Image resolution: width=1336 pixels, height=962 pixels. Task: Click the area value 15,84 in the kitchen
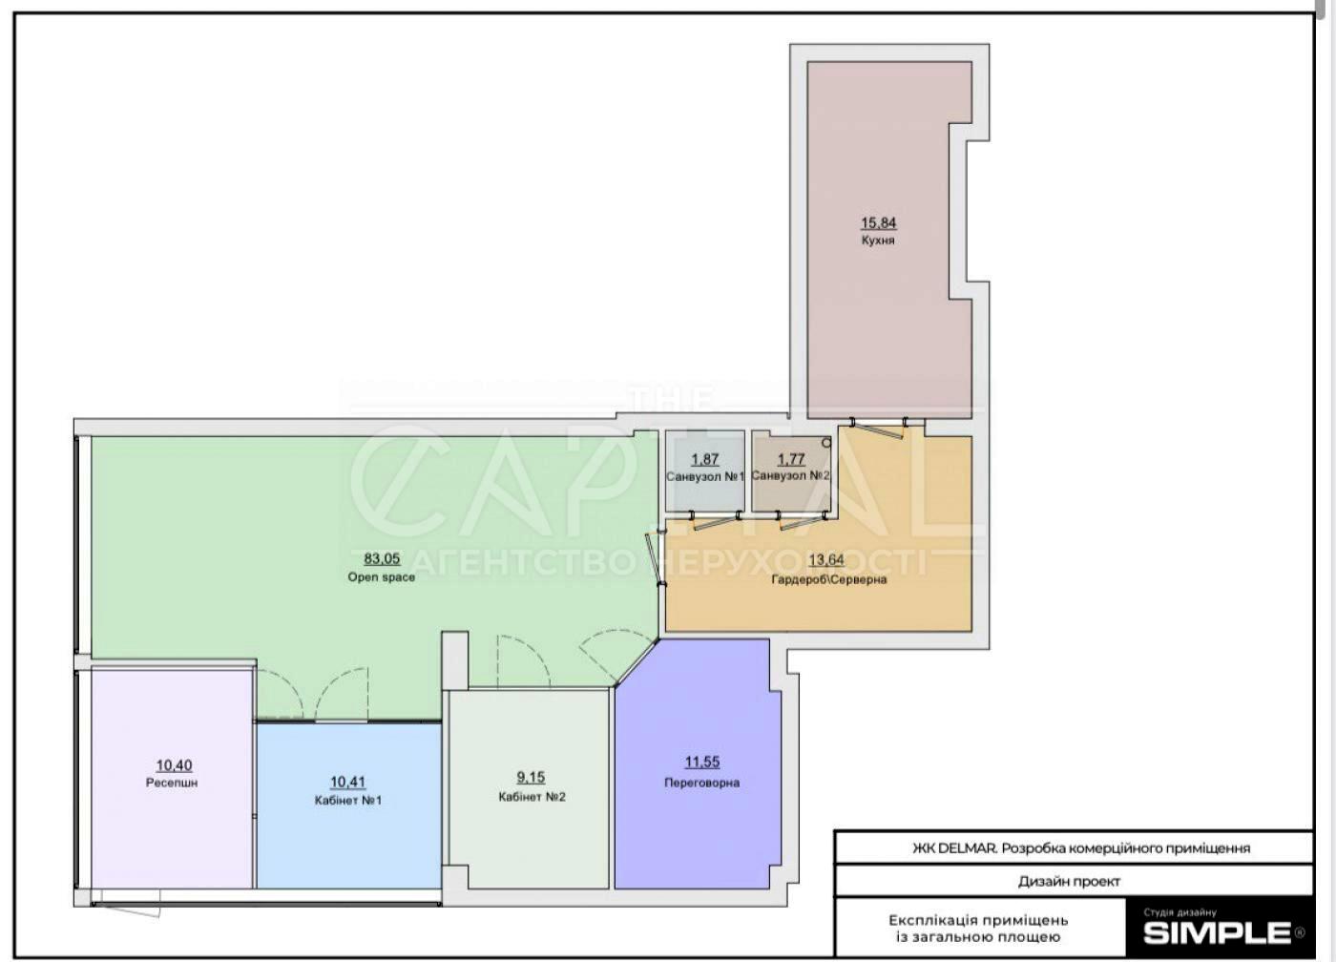coord(878,223)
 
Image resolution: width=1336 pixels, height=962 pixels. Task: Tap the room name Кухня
coord(878,240)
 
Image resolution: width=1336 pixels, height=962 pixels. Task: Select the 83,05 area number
coord(382,559)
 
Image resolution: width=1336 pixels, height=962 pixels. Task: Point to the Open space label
coord(381,577)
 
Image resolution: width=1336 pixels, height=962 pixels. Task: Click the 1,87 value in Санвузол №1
coord(704,459)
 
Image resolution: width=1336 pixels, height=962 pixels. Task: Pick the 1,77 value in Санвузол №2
coord(791,459)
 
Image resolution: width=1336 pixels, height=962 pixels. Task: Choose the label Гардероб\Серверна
coord(829,579)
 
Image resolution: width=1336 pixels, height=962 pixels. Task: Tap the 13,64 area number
coord(826,560)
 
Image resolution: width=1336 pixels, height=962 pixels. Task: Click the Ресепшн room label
coord(172,783)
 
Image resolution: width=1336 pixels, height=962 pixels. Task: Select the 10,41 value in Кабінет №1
coord(348,782)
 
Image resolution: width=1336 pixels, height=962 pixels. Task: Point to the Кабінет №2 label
coord(532,797)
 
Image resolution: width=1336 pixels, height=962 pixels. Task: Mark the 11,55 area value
coord(702,763)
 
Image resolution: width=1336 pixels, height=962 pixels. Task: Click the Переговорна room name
coord(702,783)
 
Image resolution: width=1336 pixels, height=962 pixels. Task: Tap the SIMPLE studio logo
coord(1217,933)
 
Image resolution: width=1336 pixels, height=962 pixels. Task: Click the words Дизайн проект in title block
coord(1070,881)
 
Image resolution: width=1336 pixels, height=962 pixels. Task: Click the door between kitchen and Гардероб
coord(879,427)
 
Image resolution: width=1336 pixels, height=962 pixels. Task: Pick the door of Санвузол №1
coord(715,521)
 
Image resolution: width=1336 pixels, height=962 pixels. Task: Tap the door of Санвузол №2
coord(802,521)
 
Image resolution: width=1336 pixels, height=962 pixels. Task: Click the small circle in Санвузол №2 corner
coord(826,443)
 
